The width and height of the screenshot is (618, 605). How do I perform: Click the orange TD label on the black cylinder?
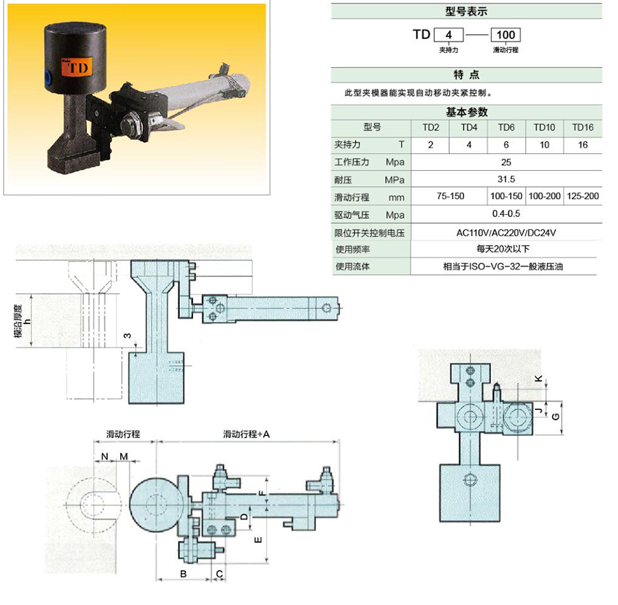click(x=76, y=67)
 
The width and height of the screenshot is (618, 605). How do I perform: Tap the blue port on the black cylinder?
click(x=47, y=76)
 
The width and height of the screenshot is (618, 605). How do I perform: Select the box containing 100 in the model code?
click(x=505, y=35)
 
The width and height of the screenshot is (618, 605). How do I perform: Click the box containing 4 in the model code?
click(x=448, y=35)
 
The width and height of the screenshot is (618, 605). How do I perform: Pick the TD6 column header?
click(x=506, y=127)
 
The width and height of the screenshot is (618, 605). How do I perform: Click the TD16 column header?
click(x=582, y=127)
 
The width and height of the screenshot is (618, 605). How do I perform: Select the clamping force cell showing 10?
click(x=545, y=145)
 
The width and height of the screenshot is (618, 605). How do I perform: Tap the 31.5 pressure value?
click(x=506, y=179)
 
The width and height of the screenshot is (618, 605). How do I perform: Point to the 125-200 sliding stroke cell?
click(x=582, y=196)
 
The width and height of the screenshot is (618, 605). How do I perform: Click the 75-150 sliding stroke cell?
click(x=450, y=196)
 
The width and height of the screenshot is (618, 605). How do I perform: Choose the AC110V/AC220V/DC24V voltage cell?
click(x=506, y=233)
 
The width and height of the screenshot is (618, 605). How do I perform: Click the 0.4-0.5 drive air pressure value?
click(x=506, y=214)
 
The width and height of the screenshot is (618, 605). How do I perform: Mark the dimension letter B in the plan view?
click(x=183, y=574)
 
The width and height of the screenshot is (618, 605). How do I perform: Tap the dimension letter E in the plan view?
click(x=259, y=540)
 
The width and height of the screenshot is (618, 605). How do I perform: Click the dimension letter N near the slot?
click(x=104, y=457)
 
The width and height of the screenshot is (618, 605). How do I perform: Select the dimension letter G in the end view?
click(x=556, y=417)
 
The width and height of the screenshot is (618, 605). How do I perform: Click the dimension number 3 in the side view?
click(x=127, y=335)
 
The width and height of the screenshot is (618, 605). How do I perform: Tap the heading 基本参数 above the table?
click(x=467, y=113)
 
